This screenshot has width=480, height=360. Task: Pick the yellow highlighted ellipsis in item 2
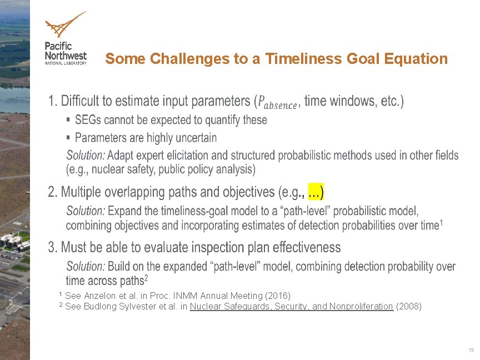(315, 192)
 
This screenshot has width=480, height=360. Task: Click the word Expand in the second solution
(126, 211)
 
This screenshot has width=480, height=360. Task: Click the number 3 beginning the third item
(52, 247)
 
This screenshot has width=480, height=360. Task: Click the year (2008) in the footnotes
(408, 306)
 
